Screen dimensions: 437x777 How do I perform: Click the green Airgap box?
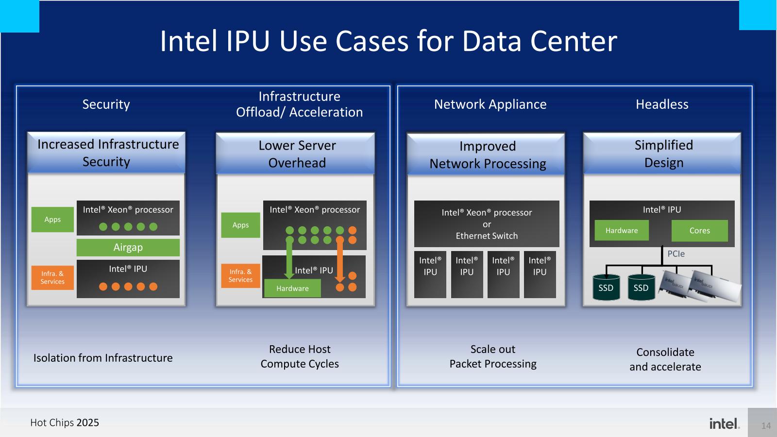pyautogui.click(x=128, y=247)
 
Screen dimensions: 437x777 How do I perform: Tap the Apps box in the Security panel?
pyautogui.click(x=52, y=219)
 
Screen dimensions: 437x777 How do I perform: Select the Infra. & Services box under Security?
pyautogui.click(x=52, y=278)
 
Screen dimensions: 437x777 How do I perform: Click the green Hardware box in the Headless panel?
pyautogui.click(x=622, y=231)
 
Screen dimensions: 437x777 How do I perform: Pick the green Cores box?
pyautogui.click(x=699, y=231)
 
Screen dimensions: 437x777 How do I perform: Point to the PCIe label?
pyautogui.click(x=676, y=254)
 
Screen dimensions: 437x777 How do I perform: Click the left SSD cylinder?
pyautogui.click(x=606, y=288)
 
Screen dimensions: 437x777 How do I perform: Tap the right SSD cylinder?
pyautogui.click(x=641, y=288)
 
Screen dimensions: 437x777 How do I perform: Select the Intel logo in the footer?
pyautogui.click(x=724, y=423)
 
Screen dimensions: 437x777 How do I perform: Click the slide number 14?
pyautogui.click(x=766, y=426)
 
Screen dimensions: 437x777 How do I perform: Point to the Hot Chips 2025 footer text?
pyautogui.click(x=65, y=422)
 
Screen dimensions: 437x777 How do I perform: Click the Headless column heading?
pyautogui.click(x=662, y=104)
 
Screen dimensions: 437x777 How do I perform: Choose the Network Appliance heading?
pyautogui.click(x=490, y=104)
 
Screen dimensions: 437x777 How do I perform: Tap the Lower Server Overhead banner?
pyautogui.click(x=297, y=154)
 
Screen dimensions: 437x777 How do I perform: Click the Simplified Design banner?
pyautogui.click(x=663, y=153)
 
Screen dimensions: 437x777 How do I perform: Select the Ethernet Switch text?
pyautogui.click(x=487, y=236)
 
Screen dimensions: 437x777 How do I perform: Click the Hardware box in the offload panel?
pyautogui.click(x=292, y=288)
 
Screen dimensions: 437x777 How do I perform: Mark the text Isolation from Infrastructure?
pyautogui.click(x=103, y=358)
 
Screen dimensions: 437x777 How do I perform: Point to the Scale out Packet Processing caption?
pyautogui.click(x=493, y=356)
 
